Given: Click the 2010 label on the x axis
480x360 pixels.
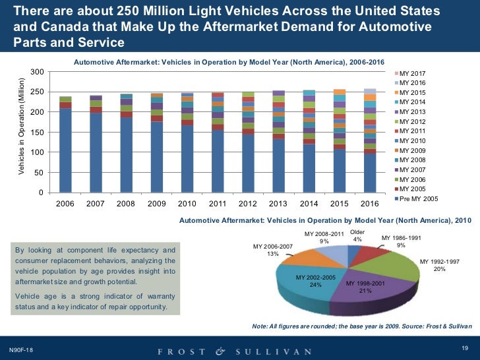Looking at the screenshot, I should (x=187, y=204).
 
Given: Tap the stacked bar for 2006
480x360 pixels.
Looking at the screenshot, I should (x=65, y=145).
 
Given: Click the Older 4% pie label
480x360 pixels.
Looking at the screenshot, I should (x=357, y=235).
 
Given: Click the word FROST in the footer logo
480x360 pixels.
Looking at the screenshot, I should (x=177, y=351).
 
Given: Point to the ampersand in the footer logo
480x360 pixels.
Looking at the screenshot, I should (x=220, y=351).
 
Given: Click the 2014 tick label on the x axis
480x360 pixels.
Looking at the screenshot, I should (x=309, y=204).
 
